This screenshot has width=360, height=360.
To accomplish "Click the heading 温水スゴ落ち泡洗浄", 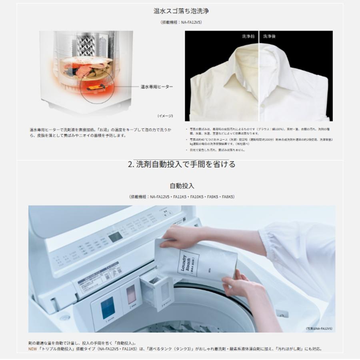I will (181, 11).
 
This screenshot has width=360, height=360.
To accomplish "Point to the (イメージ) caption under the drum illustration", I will (165, 116).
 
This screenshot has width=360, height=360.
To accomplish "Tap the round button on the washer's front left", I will (63, 317).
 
